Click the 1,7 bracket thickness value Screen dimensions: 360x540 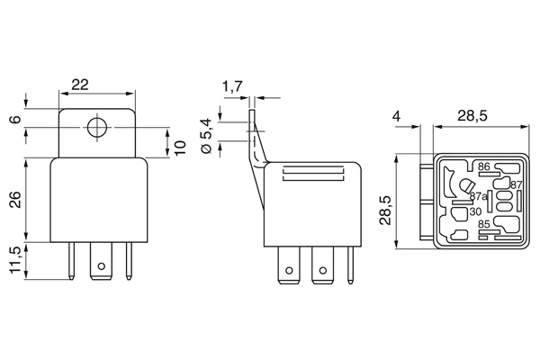pyautogui.click(x=231, y=87)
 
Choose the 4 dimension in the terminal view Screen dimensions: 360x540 pyautogui.click(x=397, y=116)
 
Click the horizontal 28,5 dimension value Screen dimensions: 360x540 pyautogui.click(x=472, y=116)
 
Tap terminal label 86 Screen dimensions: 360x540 pyautogui.click(x=483, y=167)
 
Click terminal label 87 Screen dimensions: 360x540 pyautogui.click(x=516, y=184)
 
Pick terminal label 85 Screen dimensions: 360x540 pyautogui.click(x=484, y=224)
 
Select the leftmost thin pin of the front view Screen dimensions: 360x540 pyautogui.click(x=69, y=262)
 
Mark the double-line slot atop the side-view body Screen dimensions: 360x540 pyautogui.click(x=309, y=177)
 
